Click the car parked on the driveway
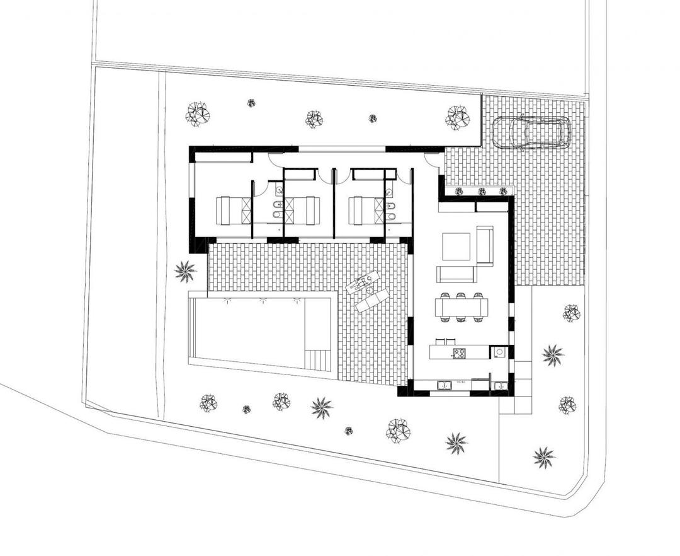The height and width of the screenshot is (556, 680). coord(531,132)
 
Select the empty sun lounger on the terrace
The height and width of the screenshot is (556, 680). coord(373,300)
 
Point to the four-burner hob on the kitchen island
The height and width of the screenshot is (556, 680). coord(458,353)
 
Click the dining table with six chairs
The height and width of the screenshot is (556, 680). coord(462,308)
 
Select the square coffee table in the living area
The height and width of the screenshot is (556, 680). coord(456,246)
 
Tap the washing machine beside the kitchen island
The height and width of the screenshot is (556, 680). coord(499,352)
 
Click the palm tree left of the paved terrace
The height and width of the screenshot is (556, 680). coord(185,272)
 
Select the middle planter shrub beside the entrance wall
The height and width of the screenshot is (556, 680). coord(482,191)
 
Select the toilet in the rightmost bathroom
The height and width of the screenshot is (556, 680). coord(390,217)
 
